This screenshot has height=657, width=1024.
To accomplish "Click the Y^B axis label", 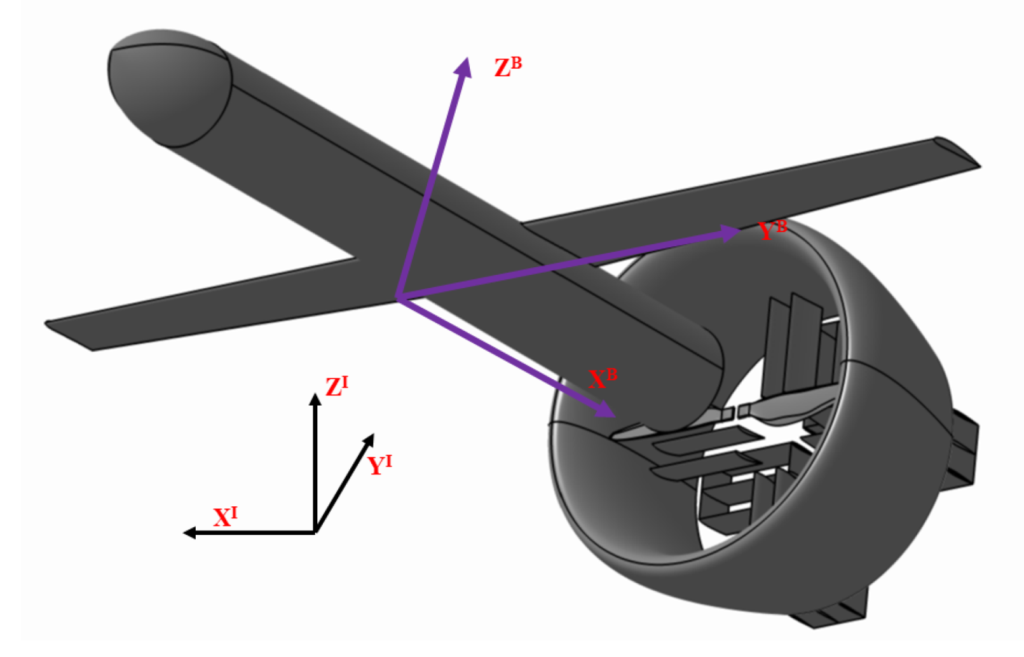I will pos(772,230).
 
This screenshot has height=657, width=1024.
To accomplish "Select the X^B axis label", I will pos(602,379).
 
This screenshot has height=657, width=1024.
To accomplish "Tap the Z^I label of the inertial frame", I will pos(336,386).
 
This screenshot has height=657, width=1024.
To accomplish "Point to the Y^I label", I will pos(379,465).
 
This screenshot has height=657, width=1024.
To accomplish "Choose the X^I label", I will pos(225,516).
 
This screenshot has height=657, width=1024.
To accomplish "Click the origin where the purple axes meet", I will pos(397,298).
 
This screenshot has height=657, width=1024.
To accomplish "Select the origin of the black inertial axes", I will pos(315,532).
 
